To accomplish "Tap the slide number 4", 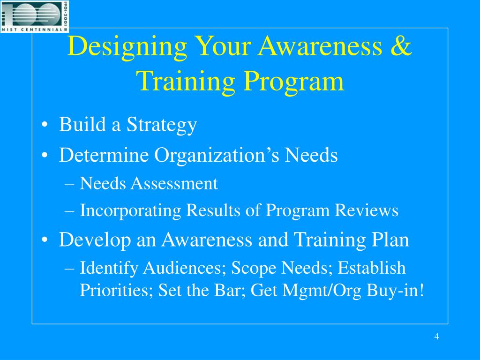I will (x=436, y=337).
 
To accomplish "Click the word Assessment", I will (x=174, y=184).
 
